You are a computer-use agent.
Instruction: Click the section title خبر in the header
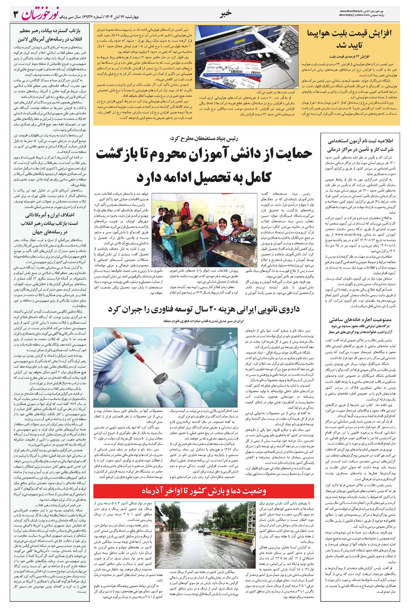tap(225, 13)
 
